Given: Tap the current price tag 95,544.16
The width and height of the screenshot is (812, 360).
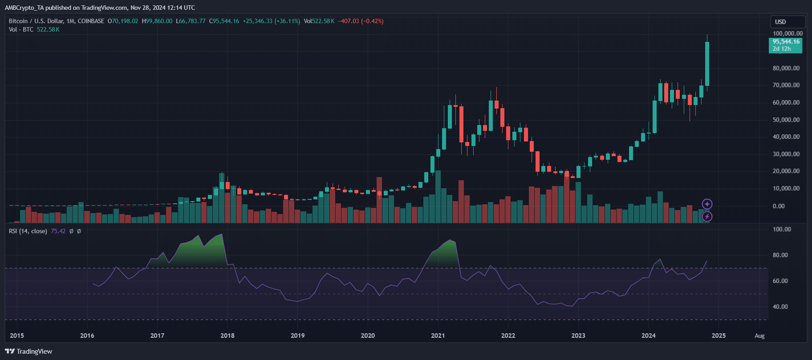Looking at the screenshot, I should coord(786,44).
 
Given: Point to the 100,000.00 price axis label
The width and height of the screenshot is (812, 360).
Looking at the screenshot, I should coord(788,33).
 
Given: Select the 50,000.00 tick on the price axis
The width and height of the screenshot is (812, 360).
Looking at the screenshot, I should coord(786,120).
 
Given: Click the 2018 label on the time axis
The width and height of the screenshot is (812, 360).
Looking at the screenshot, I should coord(227,336).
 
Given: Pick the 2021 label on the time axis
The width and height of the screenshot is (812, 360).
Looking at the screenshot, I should coord(438,336).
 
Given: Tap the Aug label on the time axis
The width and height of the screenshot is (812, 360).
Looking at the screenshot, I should coord(759,336).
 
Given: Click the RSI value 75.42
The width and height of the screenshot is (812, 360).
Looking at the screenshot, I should coord(58,231).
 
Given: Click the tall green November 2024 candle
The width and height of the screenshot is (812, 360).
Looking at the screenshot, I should coord(707,64).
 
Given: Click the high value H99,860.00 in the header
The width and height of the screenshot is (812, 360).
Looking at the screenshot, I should coord(157,21).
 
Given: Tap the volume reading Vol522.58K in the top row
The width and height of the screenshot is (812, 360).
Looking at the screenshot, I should coord(319,21).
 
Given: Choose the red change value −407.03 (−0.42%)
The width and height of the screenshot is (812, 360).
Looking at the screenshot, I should coord(361,21).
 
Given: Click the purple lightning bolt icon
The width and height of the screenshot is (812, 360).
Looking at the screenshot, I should coord(707,217).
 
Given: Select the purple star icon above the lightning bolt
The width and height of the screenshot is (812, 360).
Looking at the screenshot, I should coord(707,204).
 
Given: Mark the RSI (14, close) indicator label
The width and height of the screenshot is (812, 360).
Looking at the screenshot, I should coord(28,231).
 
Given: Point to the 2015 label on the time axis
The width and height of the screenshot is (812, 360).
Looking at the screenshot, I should coord(17,336).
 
